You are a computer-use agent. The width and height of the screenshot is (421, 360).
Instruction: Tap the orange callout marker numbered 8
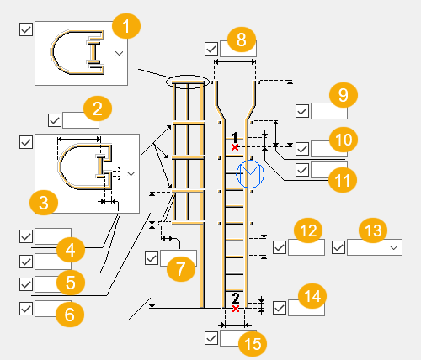(x=241, y=38)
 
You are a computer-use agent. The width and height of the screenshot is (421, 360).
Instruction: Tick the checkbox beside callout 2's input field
(x=55, y=120)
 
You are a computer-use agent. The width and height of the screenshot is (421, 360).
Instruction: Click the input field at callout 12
(x=306, y=247)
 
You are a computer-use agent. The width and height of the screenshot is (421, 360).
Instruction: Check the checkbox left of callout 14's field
(x=280, y=308)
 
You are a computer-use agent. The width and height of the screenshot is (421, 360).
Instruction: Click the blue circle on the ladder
(x=251, y=173)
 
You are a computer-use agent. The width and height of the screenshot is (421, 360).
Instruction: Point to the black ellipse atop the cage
(x=186, y=81)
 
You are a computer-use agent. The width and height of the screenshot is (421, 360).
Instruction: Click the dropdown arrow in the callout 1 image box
(x=119, y=52)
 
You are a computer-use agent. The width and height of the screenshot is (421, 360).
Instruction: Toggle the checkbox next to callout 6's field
(x=25, y=309)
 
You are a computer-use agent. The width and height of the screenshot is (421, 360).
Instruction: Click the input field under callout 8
(x=237, y=49)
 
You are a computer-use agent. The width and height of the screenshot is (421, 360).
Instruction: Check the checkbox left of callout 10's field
(x=302, y=149)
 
